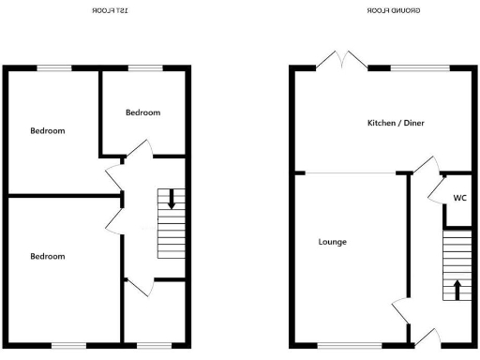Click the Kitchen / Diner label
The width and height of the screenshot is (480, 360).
point(395,123)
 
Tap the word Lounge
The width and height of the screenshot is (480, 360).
point(332,242)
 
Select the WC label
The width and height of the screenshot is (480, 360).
point(459,198)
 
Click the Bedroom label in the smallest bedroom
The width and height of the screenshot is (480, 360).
point(142,112)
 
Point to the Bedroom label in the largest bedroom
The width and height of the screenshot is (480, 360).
point(47,256)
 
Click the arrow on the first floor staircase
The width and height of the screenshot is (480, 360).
point(171,200)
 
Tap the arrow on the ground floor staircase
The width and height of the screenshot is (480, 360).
point(457,288)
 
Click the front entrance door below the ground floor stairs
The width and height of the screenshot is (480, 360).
point(426,337)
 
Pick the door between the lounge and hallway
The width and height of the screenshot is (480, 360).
point(401,309)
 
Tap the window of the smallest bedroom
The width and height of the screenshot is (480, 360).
point(142,67)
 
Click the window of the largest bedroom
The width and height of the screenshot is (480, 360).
point(67,345)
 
